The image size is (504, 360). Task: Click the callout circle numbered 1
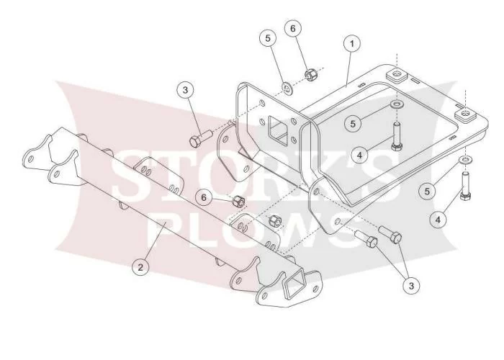pyautogui.click(x=352, y=43)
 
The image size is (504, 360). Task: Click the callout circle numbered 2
pyautogui.click(x=140, y=267)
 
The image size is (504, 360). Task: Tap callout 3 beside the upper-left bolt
pyautogui.click(x=185, y=90)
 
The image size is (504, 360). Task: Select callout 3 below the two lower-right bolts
pyautogui.click(x=411, y=285)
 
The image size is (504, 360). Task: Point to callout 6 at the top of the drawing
pyautogui.click(x=293, y=29)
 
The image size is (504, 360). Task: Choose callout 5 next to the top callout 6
pyautogui.click(x=268, y=38)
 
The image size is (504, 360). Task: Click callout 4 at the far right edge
pyautogui.click(x=438, y=220)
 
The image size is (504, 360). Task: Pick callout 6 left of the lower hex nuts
pyautogui.click(x=204, y=197)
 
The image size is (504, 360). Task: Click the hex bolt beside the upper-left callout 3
pyautogui.click(x=200, y=138)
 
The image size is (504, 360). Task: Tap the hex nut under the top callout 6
pyautogui.click(x=310, y=74)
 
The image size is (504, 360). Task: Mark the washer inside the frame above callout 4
pyautogui.click(x=397, y=104)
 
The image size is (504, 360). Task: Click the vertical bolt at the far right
pyautogui.click(x=465, y=186)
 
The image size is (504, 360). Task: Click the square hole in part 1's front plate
pyautogui.click(x=278, y=130)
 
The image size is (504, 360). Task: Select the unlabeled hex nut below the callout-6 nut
pyautogui.click(x=275, y=220)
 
